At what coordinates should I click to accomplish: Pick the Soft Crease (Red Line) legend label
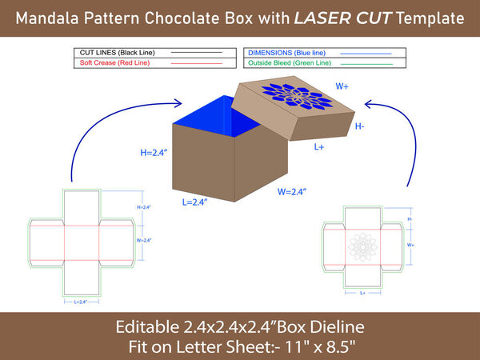tap(116, 62)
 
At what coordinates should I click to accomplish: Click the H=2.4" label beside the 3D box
tap(151, 151)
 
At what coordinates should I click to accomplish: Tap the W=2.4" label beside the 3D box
tap(294, 191)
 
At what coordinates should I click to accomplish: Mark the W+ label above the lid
tap(342, 86)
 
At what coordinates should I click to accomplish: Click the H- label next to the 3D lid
tap(360, 126)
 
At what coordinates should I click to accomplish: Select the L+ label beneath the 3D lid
tap(318, 147)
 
